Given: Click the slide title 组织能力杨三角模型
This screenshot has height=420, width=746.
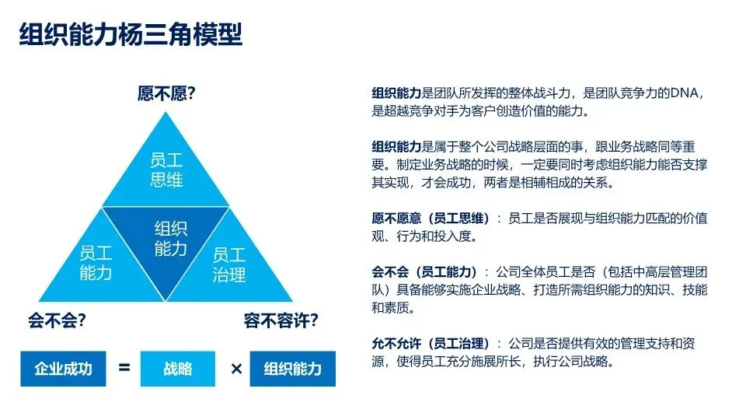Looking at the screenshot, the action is click(131, 35).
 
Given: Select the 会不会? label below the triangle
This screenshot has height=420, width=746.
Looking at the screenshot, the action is click(57, 320).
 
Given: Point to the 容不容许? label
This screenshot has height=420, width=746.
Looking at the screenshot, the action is click(281, 320).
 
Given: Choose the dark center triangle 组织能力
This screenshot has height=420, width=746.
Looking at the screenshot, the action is click(170, 238).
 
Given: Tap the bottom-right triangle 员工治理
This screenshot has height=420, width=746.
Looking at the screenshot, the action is click(229, 264).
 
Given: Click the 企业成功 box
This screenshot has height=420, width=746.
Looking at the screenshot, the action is click(63, 368).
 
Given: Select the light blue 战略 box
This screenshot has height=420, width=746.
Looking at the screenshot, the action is click(177, 368).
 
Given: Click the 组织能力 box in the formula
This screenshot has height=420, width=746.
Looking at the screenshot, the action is click(292, 368).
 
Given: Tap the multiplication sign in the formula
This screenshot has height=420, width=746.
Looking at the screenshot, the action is click(236, 368).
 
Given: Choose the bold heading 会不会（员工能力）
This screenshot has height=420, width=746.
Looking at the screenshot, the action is click(424, 272).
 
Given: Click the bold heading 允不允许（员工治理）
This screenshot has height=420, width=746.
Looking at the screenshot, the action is click(431, 344).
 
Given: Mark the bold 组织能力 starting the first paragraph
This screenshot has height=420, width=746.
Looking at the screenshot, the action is click(397, 93).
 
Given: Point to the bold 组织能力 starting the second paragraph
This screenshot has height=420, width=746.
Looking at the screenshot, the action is click(397, 147).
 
